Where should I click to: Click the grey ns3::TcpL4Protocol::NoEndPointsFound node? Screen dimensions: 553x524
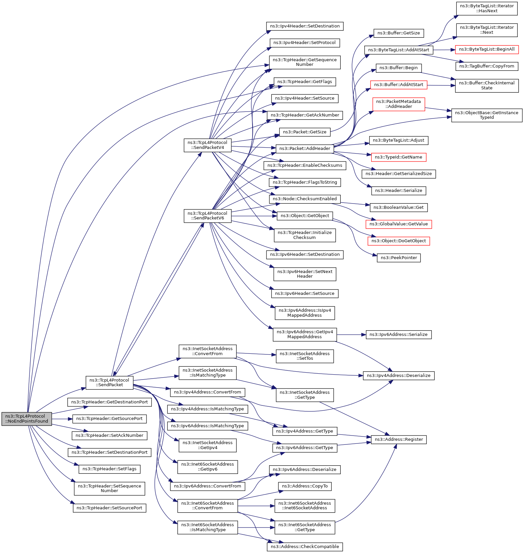point(27,419)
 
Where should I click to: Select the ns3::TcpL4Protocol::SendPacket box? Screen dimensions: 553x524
point(109,382)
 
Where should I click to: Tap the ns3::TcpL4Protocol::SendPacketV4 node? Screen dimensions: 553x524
point(207,145)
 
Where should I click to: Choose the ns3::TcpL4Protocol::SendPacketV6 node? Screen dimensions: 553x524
point(207,216)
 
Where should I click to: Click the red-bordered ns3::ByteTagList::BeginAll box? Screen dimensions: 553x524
point(487,49)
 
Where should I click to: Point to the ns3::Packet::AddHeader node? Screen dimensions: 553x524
point(305,149)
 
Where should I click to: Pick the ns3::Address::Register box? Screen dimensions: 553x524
point(398,439)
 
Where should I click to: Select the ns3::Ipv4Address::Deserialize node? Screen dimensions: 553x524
point(398,376)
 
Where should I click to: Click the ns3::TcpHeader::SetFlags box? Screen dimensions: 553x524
point(109,469)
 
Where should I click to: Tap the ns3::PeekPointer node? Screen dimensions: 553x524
point(398,258)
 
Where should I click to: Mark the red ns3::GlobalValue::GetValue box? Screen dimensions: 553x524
point(398,224)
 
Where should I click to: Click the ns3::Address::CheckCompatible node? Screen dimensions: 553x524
point(305,547)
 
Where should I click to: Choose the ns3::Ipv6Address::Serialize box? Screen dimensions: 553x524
point(398,335)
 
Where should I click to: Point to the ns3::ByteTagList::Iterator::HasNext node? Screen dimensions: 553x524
point(487,8)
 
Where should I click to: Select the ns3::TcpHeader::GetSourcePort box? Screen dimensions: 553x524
point(109,419)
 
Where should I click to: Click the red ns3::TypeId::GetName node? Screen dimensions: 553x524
point(398,157)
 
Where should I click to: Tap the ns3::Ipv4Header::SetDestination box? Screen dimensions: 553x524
point(305,26)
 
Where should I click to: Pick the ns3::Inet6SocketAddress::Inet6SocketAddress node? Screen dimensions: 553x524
point(305,506)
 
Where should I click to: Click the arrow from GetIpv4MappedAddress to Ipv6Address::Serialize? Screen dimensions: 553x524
point(351,335)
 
